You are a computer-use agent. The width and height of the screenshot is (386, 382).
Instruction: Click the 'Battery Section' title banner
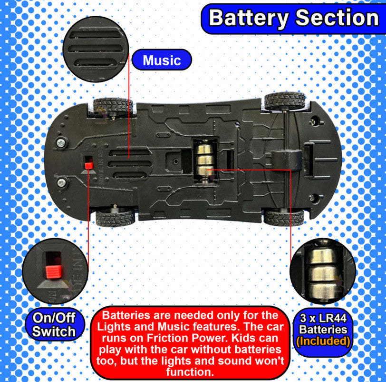pos(293,19)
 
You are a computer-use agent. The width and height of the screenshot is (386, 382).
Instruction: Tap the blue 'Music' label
pos(162,60)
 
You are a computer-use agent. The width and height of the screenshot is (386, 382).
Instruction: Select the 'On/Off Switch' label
pos(54,324)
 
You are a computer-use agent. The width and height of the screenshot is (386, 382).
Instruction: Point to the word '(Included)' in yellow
pos(323,341)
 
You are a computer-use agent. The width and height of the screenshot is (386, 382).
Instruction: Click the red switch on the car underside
pos(89,165)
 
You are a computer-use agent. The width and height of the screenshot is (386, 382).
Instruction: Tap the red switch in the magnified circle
pos(53,271)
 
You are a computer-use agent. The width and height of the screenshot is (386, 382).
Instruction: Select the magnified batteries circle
pos(322,271)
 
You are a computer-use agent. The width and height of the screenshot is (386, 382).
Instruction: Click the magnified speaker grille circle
pos(96,49)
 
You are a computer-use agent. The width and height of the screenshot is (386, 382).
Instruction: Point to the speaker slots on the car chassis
pos(130,164)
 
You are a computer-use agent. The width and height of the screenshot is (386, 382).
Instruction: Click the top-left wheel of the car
pos(113,106)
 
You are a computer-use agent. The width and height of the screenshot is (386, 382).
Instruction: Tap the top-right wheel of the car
pos(285,101)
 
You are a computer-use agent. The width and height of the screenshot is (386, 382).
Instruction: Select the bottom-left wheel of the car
pos(115,218)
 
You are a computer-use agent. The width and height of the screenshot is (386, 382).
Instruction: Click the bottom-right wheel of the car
pos(284,218)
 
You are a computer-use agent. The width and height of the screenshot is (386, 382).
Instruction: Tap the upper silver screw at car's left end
pos(61,143)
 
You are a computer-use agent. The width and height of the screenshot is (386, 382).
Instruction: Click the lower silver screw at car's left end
pos(61,183)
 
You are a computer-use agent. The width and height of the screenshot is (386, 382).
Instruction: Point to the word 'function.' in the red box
pos(190,372)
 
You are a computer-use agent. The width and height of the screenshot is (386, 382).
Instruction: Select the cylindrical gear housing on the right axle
pos(287,160)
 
